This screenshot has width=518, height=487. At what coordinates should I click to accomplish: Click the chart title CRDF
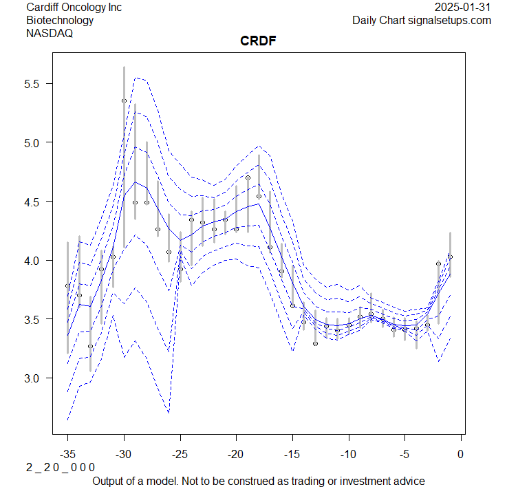point(258,41)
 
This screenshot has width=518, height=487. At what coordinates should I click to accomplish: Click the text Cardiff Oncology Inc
point(74,8)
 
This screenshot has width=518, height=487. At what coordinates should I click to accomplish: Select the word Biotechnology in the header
point(60,20)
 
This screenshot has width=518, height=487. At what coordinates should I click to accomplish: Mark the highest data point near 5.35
point(124,100)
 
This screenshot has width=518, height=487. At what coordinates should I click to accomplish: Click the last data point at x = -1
point(450,257)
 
